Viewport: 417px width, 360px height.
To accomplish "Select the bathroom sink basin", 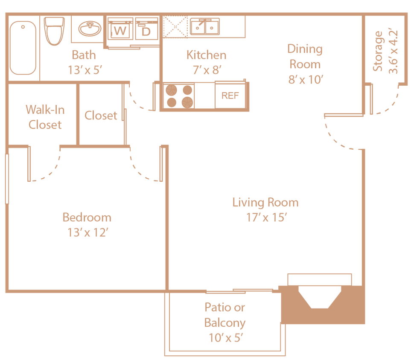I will click(90, 29).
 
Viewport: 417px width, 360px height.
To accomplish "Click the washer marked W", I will click(120, 30).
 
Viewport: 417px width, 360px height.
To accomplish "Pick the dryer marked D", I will click(146, 30).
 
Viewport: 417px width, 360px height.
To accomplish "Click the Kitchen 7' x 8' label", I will click(206, 62).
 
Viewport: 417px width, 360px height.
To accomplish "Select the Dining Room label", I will click(305, 64).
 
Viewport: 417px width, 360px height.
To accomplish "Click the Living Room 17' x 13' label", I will click(265, 209).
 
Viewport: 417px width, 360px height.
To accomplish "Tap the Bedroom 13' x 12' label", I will click(87, 224).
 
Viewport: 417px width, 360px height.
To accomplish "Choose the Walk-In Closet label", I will click(45, 117).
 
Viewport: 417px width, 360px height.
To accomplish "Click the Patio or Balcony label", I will click(225, 322).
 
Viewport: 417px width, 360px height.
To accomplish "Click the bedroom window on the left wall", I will click(7, 179).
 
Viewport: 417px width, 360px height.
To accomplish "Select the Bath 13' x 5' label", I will click(84, 62).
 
